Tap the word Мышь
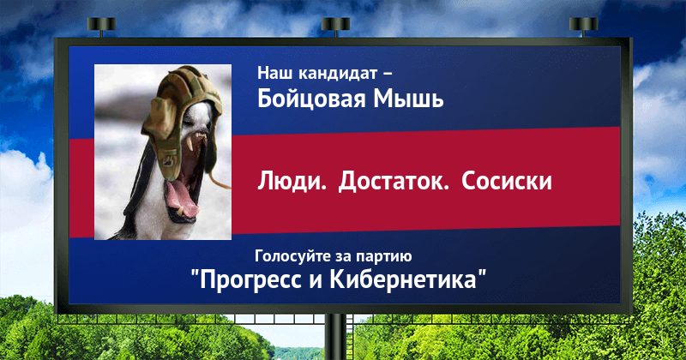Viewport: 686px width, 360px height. pos(408,98)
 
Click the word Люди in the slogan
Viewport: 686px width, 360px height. pos(292,181)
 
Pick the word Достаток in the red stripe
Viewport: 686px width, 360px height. pos(394,181)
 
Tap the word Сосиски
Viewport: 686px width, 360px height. pos(507,181)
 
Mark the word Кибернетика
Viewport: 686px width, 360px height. pos(402,279)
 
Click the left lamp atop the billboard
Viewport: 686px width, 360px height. pos(101,27)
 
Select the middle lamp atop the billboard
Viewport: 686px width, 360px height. pos(335,27)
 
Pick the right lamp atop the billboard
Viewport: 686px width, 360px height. pos(583,27)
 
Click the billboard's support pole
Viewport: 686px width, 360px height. pos(335,337)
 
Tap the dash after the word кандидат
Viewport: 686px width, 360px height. pos(388,74)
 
